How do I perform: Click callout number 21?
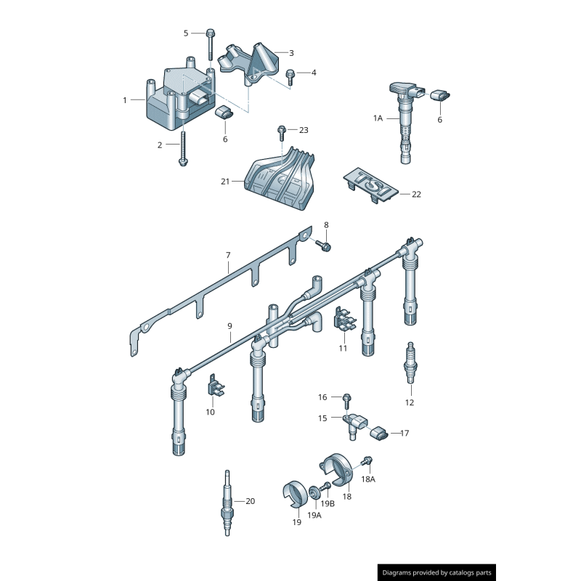coord(225,181)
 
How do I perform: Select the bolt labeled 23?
coord(282,133)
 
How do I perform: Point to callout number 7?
coord(227,256)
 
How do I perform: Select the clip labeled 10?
coord(216,386)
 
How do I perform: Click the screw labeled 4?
coord(290,76)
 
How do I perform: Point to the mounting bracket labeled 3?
coord(254,62)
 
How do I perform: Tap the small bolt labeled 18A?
coord(368,461)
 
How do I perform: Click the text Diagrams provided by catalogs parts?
coord(436,572)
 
